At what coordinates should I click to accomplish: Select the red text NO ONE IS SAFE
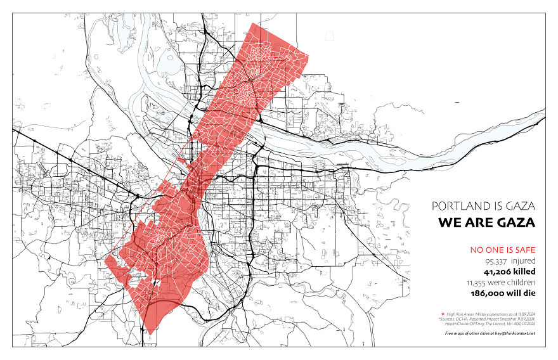[x=502, y=250]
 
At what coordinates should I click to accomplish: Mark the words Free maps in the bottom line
[x=455, y=333]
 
